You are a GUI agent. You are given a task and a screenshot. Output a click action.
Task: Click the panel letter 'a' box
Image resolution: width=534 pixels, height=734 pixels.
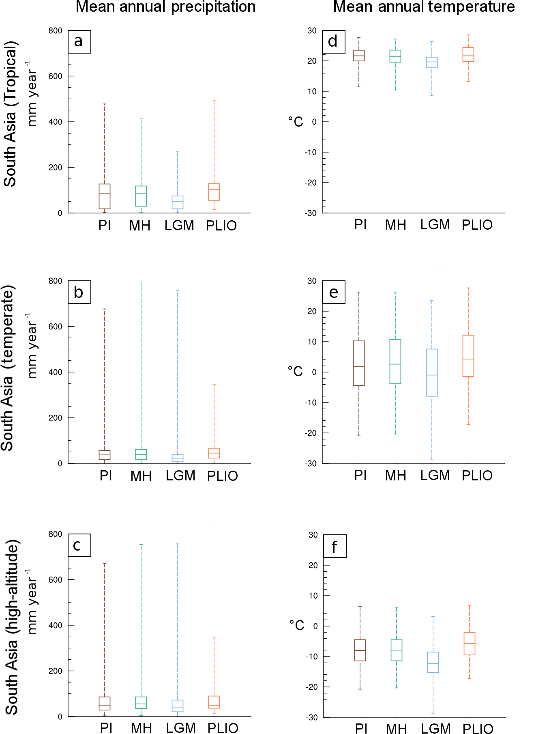point(79,41)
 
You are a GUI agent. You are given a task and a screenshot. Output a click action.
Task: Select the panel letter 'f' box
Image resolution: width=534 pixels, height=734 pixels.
point(335,546)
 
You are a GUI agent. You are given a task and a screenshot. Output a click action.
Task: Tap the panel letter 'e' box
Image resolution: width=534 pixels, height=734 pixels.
point(333,292)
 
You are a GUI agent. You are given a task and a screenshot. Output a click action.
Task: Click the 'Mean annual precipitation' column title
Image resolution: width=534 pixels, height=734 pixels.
point(165,7)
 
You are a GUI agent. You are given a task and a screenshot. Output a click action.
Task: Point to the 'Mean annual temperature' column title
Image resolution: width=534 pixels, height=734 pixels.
point(424,7)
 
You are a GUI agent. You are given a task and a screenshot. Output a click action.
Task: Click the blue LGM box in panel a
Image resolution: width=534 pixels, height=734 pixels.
point(178,202)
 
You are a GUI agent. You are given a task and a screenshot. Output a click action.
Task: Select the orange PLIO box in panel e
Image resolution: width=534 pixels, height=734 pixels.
point(468,356)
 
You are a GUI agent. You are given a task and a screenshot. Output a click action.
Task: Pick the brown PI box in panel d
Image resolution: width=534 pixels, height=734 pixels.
point(359,56)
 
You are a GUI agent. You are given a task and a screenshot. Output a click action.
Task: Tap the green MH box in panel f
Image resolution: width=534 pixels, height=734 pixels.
point(397,650)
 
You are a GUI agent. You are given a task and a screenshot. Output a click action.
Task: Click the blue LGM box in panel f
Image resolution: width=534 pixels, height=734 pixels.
point(433,662)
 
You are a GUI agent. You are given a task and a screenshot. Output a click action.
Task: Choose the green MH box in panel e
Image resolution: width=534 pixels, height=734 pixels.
point(395,362)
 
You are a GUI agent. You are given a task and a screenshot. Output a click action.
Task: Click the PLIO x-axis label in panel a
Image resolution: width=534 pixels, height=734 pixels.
point(221,226)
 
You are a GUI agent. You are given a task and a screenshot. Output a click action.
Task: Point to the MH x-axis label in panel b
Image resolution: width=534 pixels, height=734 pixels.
point(141,476)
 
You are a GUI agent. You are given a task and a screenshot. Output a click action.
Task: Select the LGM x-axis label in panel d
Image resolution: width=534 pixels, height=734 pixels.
point(435,225)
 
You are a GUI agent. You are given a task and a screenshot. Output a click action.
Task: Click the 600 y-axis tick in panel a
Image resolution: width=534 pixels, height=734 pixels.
point(56,76)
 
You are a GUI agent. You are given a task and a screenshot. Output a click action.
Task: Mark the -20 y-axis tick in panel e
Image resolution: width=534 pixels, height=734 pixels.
point(311,433)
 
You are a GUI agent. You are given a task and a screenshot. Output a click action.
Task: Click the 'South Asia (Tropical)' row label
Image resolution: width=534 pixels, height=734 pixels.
point(10,114)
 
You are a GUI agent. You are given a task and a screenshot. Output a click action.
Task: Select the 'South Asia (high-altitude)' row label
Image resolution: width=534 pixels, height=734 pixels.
point(12,627)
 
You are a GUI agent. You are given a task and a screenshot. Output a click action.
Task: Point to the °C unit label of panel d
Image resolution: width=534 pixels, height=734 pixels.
point(296,121)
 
